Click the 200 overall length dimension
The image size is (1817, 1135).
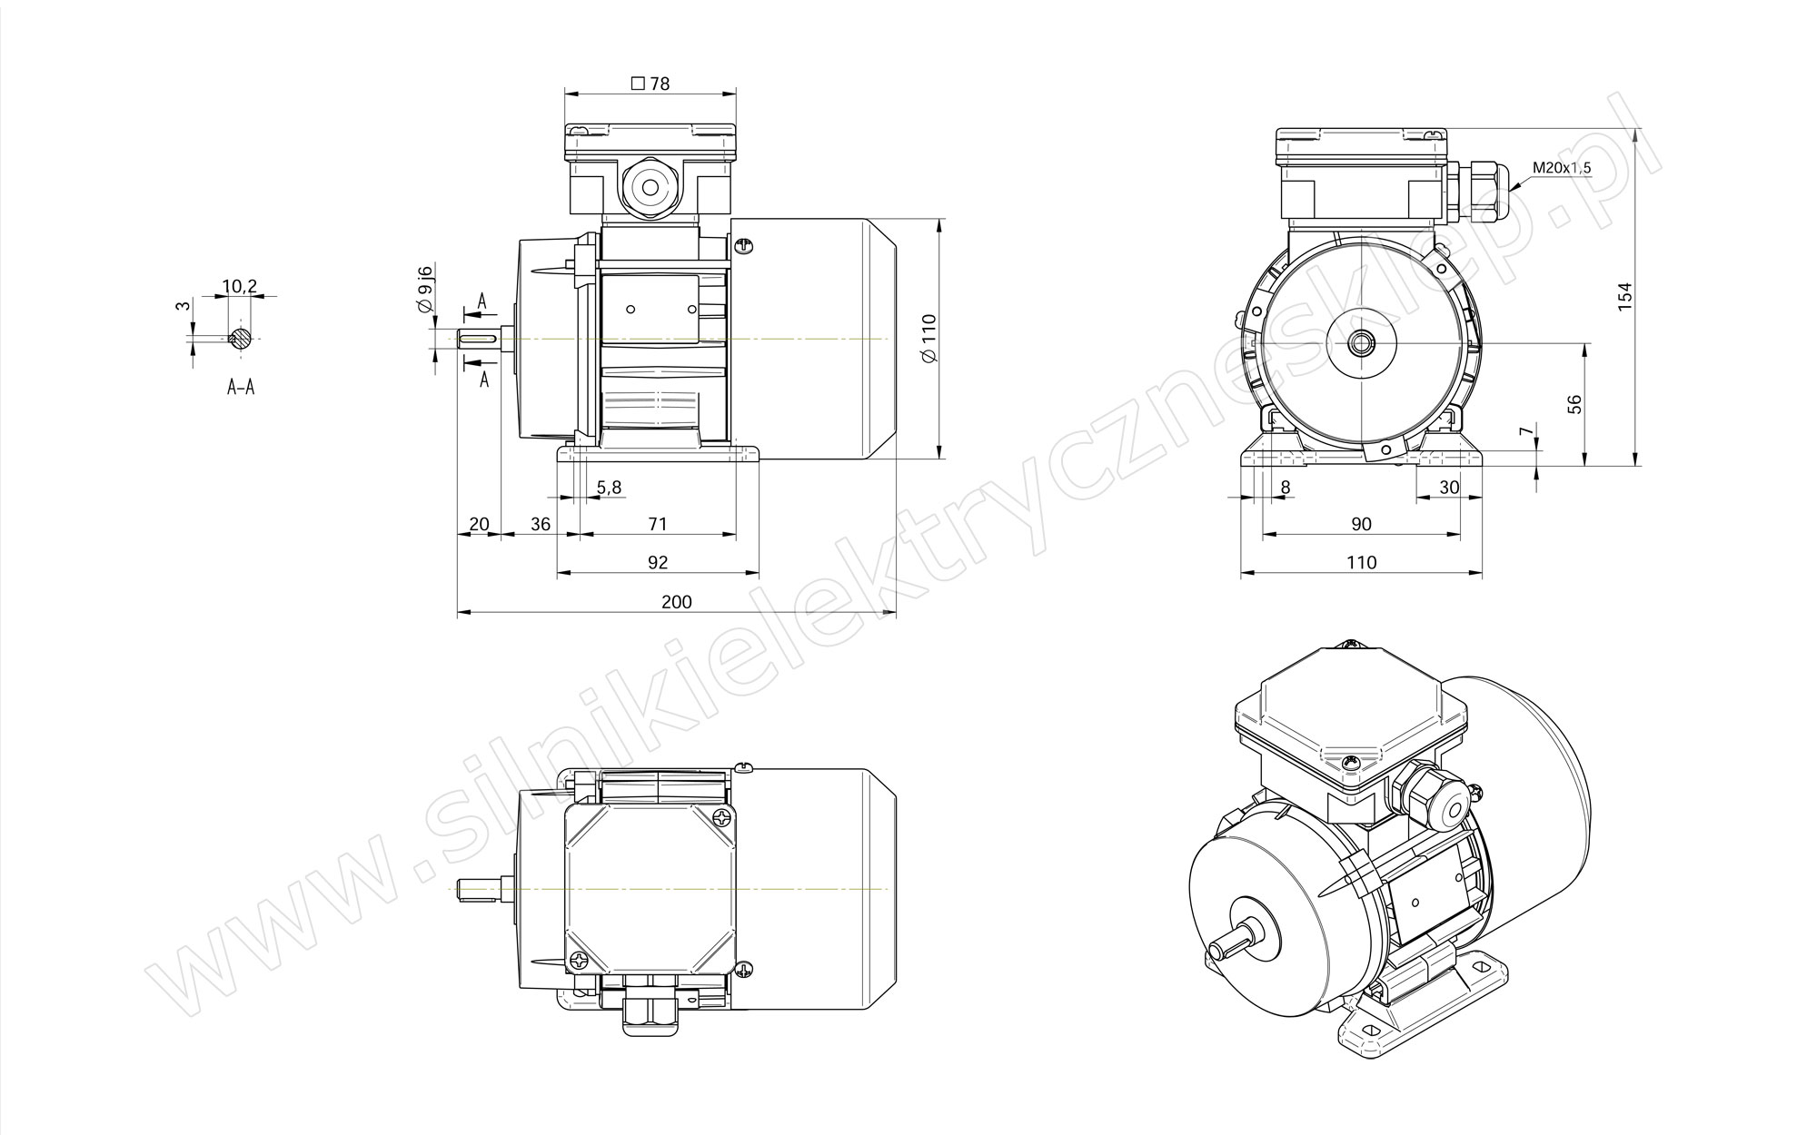coord(677,602)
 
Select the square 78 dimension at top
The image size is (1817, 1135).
coord(650,84)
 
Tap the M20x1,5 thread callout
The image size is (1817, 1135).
coord(1562,167)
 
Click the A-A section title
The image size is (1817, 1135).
coord(241,388)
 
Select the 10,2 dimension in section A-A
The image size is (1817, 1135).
coord(240,287)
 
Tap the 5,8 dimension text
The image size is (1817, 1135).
coord(609,488)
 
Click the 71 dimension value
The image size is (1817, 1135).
coord(658,524)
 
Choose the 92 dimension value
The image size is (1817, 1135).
coord(658,562)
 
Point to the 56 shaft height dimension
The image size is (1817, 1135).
coord(1575,404)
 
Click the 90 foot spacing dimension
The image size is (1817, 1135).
coord(1361,524)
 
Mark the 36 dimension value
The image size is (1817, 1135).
coord(541,524)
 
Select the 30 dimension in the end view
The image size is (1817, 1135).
coord(1449,488)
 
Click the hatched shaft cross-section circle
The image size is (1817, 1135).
coord(241,338)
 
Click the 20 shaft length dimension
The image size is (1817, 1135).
coord(479,524)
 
